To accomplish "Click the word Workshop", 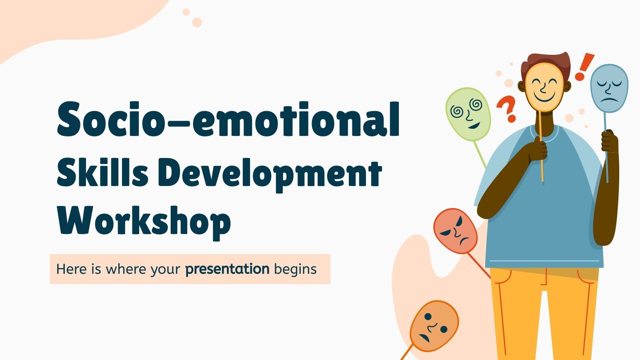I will coord(144,221).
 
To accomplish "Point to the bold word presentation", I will coord(227,269).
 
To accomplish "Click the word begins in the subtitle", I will coord(295,270).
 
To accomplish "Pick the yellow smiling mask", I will coord(544,89).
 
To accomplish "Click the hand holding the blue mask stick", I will coord(609,141).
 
